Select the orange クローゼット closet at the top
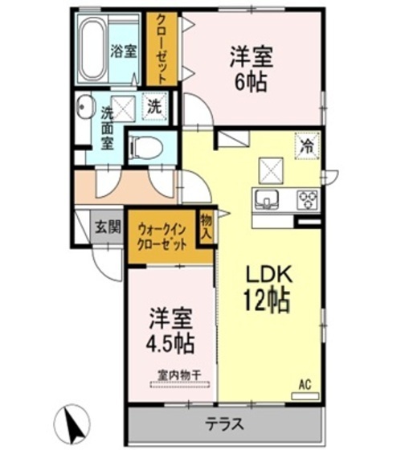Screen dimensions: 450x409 [x=160, y=50]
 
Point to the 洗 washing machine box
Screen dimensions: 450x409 [x=153, y=104]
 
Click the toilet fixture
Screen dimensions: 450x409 [x=145, y=147]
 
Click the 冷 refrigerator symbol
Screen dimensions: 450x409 [x=306, y=145]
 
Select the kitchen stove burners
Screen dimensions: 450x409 [x=307, y=198]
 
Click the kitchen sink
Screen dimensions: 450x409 [x=264, y=198]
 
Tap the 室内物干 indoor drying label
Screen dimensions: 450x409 [x=179, y=374]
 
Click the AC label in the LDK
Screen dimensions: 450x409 [x=305, y=384]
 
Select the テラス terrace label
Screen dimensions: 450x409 [x=224, y=424]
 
